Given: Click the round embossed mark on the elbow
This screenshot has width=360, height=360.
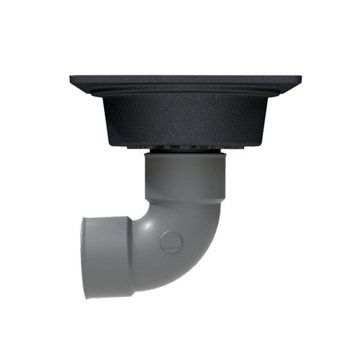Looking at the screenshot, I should tap(170, 242).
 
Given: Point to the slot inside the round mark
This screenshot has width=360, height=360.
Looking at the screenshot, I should tap(170, 242).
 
